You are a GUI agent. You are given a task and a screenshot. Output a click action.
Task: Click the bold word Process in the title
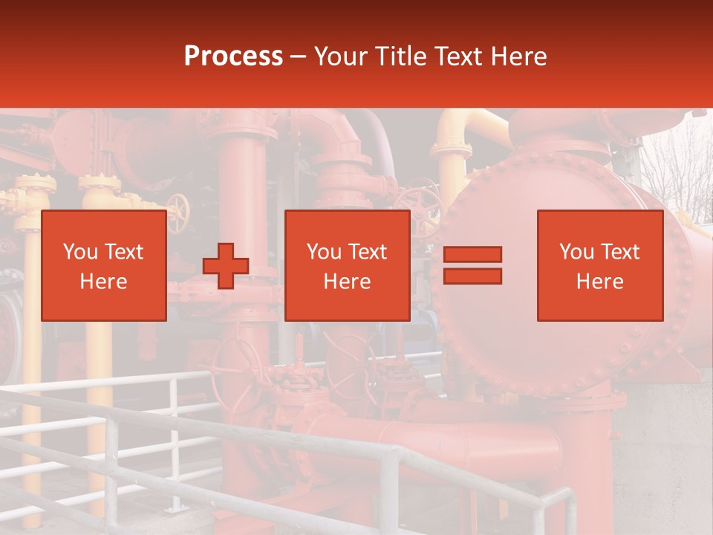233,56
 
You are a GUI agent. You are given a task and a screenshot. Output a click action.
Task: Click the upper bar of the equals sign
472,255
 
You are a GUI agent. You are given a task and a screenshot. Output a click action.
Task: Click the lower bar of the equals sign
472,276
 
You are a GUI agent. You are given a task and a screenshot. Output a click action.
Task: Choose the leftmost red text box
103,265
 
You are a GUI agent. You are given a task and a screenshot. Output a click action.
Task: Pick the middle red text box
347,265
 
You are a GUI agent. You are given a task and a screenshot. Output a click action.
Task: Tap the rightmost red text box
600,265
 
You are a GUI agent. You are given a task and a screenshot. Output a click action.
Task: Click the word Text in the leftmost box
123,252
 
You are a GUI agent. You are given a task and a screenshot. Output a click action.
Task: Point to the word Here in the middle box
347,282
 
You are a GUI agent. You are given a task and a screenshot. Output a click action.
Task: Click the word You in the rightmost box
576,252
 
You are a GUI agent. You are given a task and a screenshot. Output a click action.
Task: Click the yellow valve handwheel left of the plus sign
178,213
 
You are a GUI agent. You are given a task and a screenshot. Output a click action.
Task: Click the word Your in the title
341,56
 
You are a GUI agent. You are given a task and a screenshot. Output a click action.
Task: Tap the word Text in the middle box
367,252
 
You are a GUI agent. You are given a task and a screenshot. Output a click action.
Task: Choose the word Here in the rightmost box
600,282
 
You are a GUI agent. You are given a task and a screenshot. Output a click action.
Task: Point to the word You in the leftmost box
80,252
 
